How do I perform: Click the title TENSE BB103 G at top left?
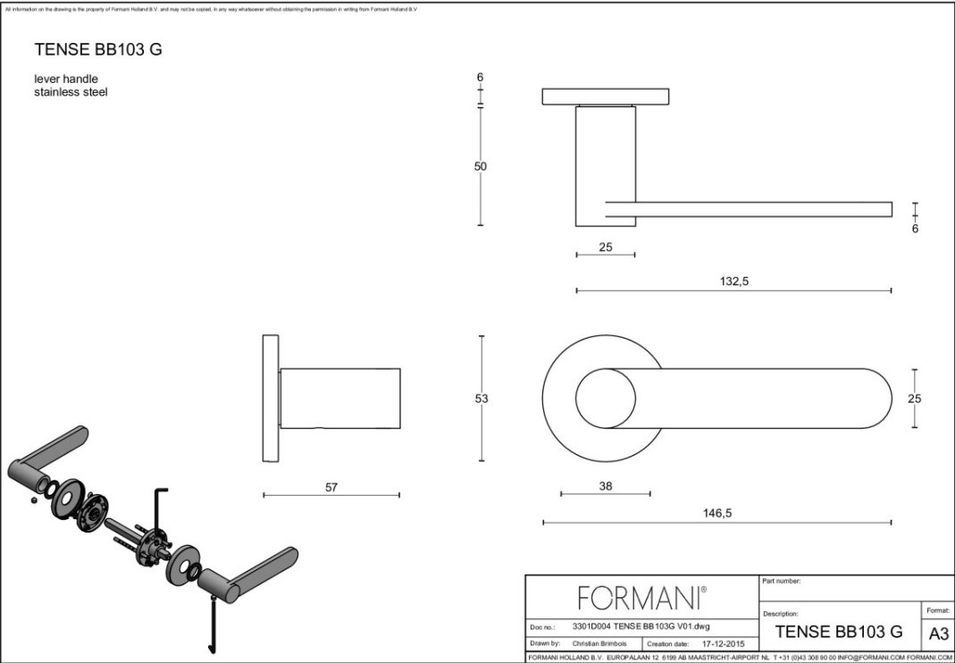[98, 49]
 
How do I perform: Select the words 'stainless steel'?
[71, 92]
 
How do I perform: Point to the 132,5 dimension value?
[733, 281]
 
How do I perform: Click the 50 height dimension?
[481, 166]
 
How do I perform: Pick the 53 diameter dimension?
[482, 399]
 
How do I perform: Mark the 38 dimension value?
[605, 485]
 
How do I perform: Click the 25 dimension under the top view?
[606, 248]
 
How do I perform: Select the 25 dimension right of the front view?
[914, 399]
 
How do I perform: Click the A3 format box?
[939, 634]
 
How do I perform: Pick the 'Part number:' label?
[782, 582]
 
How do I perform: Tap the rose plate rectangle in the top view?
[607, 97]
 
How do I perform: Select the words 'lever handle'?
[66, 79]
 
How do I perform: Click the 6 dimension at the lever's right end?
[914, 228]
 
